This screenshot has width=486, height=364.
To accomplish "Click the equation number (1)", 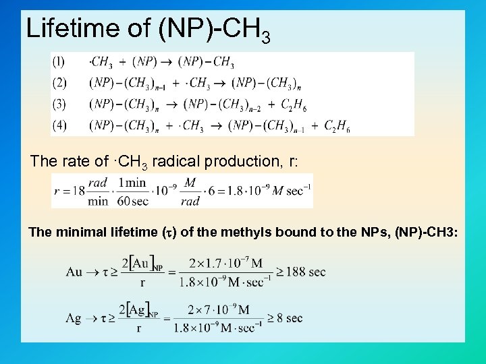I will [59, 63].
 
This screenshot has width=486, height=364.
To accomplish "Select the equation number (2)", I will [59, 84].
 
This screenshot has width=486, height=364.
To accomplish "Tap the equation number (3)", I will [59, 104].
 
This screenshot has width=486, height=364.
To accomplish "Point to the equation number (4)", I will [59, 125].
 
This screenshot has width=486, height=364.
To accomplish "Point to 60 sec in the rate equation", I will [133, 201].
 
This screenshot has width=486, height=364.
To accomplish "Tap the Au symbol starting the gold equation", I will [74, 272].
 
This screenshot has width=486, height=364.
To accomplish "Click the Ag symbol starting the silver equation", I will [74, 318].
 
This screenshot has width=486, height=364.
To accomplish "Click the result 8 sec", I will [294, 318].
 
